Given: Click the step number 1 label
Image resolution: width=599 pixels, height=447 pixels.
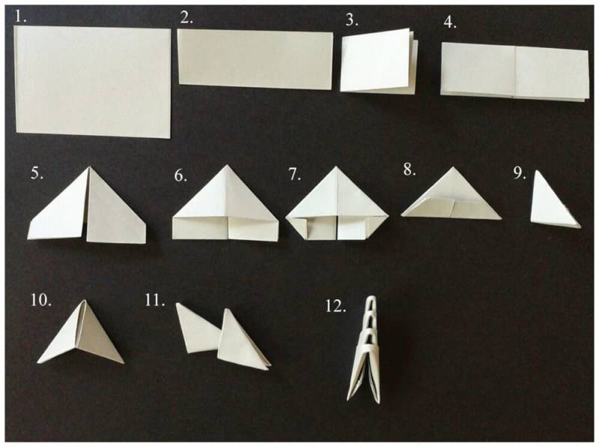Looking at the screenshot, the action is click(x=20, y=16).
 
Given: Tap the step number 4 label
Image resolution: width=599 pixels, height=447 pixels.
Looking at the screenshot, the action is click(x=450, y=22).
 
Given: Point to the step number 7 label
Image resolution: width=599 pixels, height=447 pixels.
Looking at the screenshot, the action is click(x=294, y=174).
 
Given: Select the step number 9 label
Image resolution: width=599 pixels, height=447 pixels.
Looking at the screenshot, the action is click(x=520, y=173).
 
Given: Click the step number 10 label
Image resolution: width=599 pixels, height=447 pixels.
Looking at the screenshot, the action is click(x=41, y=300).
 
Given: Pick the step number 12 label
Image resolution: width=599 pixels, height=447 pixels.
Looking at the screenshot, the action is click(x=335, y=306).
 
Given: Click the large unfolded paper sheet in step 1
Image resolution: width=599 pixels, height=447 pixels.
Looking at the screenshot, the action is click(x=93, y=82).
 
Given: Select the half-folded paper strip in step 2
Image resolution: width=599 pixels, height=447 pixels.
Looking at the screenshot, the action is click(x=255, y=60).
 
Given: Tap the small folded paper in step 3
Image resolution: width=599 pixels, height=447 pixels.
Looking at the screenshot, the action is click(x=379, y=61).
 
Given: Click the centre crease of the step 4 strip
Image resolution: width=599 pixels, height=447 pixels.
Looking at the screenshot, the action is click(x=515, y=71).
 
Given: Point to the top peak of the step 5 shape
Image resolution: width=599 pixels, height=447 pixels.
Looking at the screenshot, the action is click(x=89, y=167).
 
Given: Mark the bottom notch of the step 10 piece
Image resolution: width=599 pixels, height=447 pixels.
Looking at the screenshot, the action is click(x=79, y=344).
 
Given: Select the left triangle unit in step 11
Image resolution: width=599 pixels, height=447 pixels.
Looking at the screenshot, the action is click(x=197, y=329).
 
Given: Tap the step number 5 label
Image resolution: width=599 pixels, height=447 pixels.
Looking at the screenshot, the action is click(x=37, y=173).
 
